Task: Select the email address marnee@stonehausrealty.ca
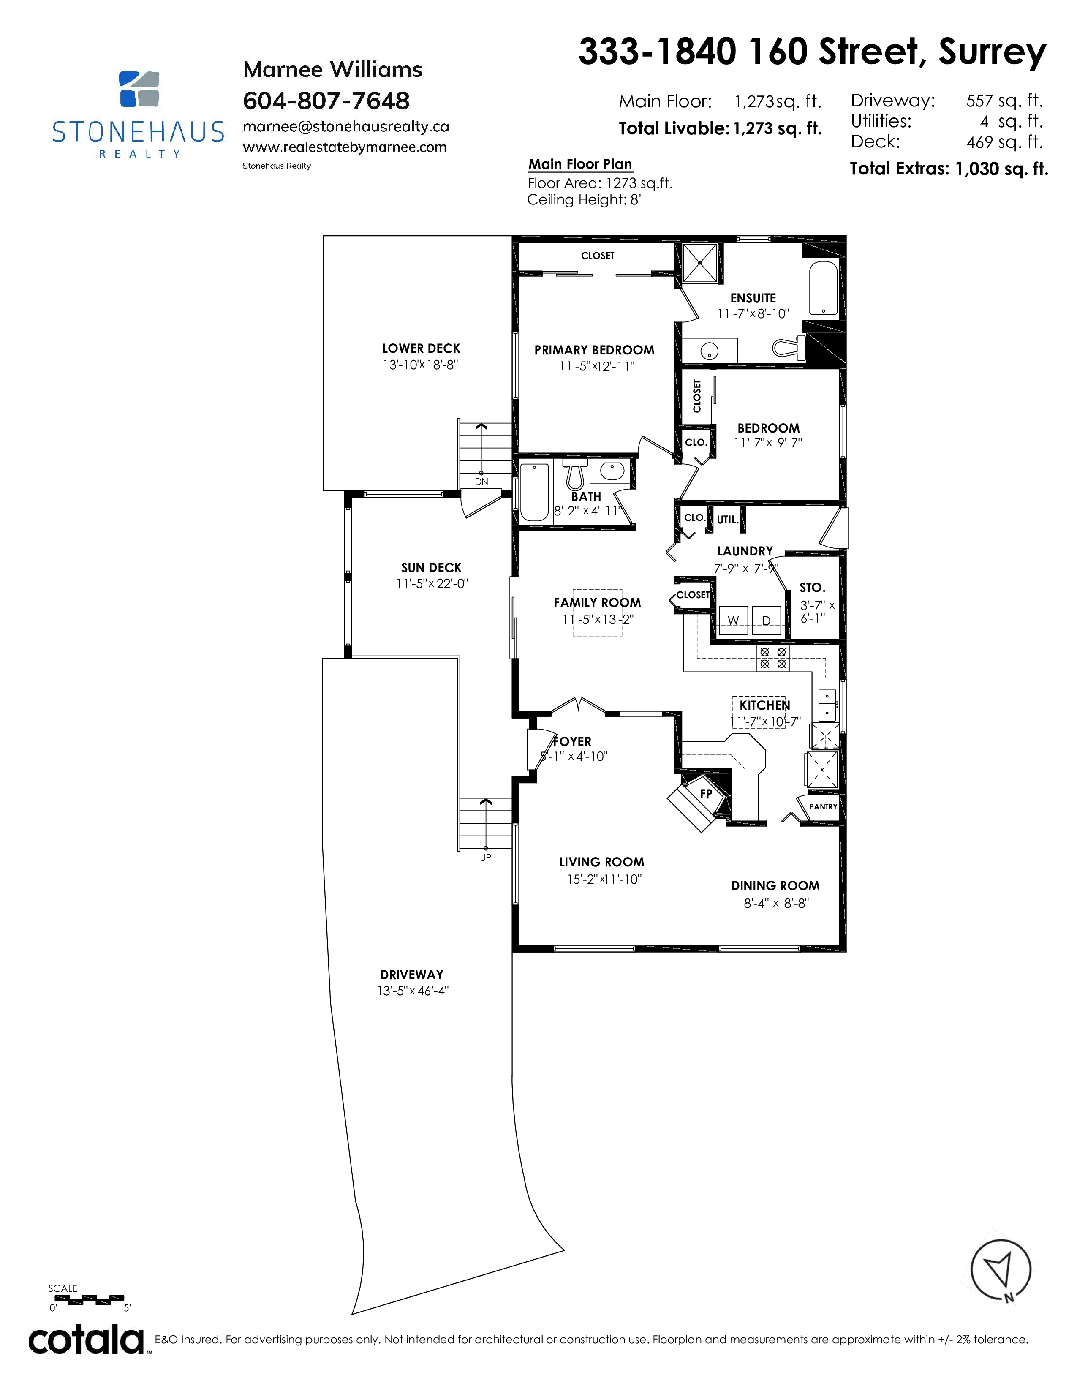pos(346,126)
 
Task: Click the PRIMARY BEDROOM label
pos(594,350)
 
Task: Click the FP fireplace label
pos(706,794)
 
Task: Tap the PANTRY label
pos(823,807)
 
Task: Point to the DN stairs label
pos(481,481)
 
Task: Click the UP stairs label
pos(486,858)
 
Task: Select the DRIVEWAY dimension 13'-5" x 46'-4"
pos(413,991)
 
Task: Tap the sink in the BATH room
pos(611,472)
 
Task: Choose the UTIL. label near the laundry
pos(727,520)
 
